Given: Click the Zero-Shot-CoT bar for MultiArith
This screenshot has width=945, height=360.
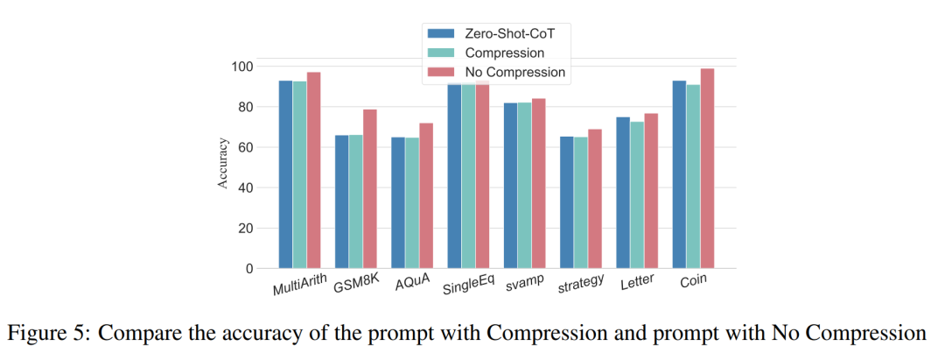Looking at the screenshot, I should (285, 174).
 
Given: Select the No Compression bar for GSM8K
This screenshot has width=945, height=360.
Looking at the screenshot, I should (369, 188).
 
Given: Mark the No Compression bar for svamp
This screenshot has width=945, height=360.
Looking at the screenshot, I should (538, 183).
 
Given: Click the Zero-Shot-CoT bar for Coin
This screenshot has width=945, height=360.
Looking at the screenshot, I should (679, 174).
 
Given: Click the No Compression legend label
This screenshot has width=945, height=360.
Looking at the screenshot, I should (515, 72).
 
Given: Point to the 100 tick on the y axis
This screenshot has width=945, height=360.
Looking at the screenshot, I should (242, 67).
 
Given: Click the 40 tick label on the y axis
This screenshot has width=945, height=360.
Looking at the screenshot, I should (246, 187).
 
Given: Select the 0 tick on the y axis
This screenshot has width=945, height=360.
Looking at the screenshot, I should (249, 268).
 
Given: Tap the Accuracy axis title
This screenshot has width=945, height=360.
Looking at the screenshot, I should (224, 163).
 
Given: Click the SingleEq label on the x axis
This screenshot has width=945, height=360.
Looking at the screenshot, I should (468, 286).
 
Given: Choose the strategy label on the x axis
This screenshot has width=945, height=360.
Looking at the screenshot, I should (581, 284).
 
